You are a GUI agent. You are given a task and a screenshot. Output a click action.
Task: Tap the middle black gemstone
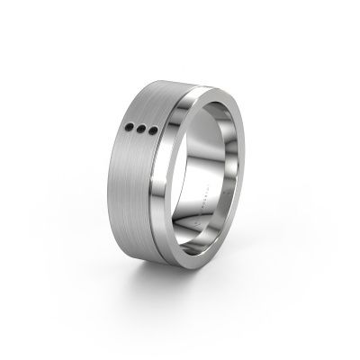point(144,131)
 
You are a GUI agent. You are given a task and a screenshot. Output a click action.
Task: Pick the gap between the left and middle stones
point(139,130)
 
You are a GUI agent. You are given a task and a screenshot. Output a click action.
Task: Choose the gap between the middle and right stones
point(149,133)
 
